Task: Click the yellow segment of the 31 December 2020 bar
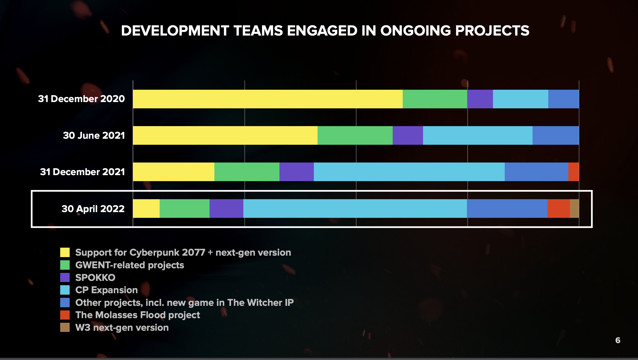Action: [x=268, y=99]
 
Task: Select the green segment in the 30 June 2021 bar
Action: [x=355, y=135]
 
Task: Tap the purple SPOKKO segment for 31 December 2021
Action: [x=296, y=172]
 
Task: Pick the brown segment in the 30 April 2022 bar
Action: [x=574, y=208]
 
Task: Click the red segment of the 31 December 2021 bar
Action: [x=574, y=172]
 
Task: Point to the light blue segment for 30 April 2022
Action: [x=355, y=208]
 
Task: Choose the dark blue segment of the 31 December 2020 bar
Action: [x=563, y=99]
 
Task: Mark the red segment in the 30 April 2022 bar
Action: [x=558, y=208]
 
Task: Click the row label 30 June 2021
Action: [x=94, y=135]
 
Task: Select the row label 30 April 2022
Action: [x=93, y=209]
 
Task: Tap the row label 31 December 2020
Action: [x=81, y=99]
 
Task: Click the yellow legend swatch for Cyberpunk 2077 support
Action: [x=65, y=253]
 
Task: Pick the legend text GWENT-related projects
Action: [x=130, y=265]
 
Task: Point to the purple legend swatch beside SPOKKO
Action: [x=65, y=277]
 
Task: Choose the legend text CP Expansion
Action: [x=106, y=290]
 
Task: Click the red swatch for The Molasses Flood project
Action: [x=65, y=315]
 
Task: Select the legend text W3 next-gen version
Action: [x=122, y=328]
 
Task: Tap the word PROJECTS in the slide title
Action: [x=492, y=31]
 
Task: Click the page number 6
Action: [x=618, y=340]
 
